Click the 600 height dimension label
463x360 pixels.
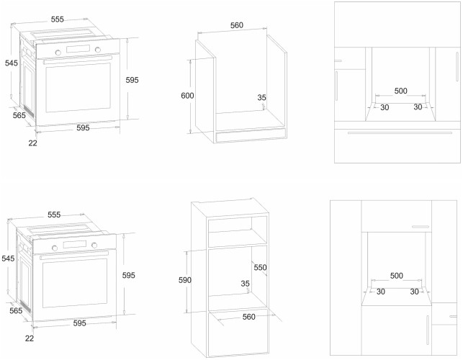click(x=187, y=96)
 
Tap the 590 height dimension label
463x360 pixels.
click(x=185, y=280)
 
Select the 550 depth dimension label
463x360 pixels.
click(x=260, y=267)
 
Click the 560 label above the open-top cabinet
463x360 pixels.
click(x=237, y=25)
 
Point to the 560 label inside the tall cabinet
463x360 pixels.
click(x=248, y=316)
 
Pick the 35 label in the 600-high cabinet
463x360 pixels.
click(x=261, y=97)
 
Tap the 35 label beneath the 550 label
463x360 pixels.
click(x=246, y=283)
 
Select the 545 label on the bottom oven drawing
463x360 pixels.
click(x=9, y=258)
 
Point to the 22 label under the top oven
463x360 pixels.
click(x=32, y=143)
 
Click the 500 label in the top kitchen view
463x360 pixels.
click(x=401, y=91)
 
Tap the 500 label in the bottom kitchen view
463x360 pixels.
click(x=396, y=275)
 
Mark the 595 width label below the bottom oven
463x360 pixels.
click(x=79, y=323)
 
